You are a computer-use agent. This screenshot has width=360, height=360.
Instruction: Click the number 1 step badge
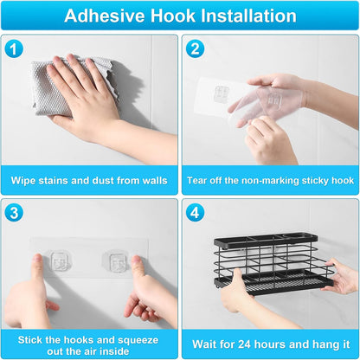14,49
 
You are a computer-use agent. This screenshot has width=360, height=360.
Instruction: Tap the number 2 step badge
195,48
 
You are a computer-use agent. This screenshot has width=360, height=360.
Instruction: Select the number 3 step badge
14,213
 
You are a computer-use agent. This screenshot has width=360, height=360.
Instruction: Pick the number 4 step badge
195,213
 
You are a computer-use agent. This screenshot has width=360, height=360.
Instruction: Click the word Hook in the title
173,16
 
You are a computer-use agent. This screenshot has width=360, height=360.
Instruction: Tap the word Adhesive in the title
105,16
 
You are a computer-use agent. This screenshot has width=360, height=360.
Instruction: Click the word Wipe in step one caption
22,181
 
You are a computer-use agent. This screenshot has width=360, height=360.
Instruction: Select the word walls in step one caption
155,181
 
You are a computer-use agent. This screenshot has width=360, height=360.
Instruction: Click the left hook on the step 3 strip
60,261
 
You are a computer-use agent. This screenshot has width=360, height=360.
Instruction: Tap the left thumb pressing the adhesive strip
37,267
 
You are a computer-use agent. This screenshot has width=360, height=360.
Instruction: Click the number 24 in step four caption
245,344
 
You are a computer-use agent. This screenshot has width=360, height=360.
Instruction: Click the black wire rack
273,264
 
